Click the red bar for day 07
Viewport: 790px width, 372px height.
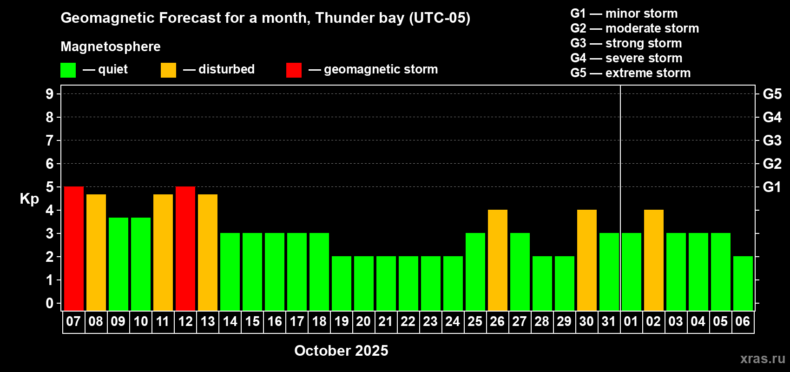tap(74, 248)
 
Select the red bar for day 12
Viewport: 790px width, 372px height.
tap(185, 248)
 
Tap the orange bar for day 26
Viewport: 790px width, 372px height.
tap(498, 260)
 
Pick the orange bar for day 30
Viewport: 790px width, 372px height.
tap(587, 260)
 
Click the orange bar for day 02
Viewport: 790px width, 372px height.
tap(654, 260)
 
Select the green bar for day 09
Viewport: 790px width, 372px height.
tap(118, 264)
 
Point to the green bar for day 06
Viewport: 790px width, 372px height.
tap(743, 283)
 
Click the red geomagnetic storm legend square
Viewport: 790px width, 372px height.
tap(294, 70)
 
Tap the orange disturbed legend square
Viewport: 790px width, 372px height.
tap(169, 70)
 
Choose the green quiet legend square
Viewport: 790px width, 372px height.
tap(68, 70)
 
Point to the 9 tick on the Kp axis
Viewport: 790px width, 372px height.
tap(49, 94)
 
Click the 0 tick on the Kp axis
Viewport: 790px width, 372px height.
tap(49, 303)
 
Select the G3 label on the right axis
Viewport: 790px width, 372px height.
tap(772, 140)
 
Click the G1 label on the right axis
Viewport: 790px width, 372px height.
tap(772, 187)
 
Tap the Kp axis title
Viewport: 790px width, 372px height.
tap(29, 199)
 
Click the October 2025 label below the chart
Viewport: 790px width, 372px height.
tap(341, 351)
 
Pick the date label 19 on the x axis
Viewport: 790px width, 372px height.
tap(342, 321)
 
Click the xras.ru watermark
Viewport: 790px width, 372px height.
tap(763, 359)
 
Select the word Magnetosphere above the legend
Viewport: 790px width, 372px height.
tap(111, 46)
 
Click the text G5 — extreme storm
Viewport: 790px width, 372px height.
tap(631, 73)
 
